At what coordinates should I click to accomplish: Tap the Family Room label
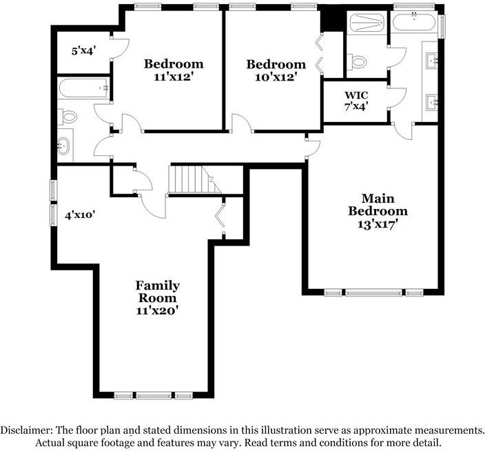(x=157, y=292)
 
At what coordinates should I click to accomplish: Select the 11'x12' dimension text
(x=173, y=77)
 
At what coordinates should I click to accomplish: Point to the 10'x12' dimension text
(x=276, y=77)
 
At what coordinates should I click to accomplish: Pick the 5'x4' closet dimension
(x=83, y=51)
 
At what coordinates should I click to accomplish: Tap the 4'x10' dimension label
(x=79, y=215)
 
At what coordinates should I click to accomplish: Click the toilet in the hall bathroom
(x=67, y=118)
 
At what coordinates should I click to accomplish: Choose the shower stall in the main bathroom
(x=367, y=25)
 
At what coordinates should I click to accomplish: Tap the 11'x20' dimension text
(x=157, y=310)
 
